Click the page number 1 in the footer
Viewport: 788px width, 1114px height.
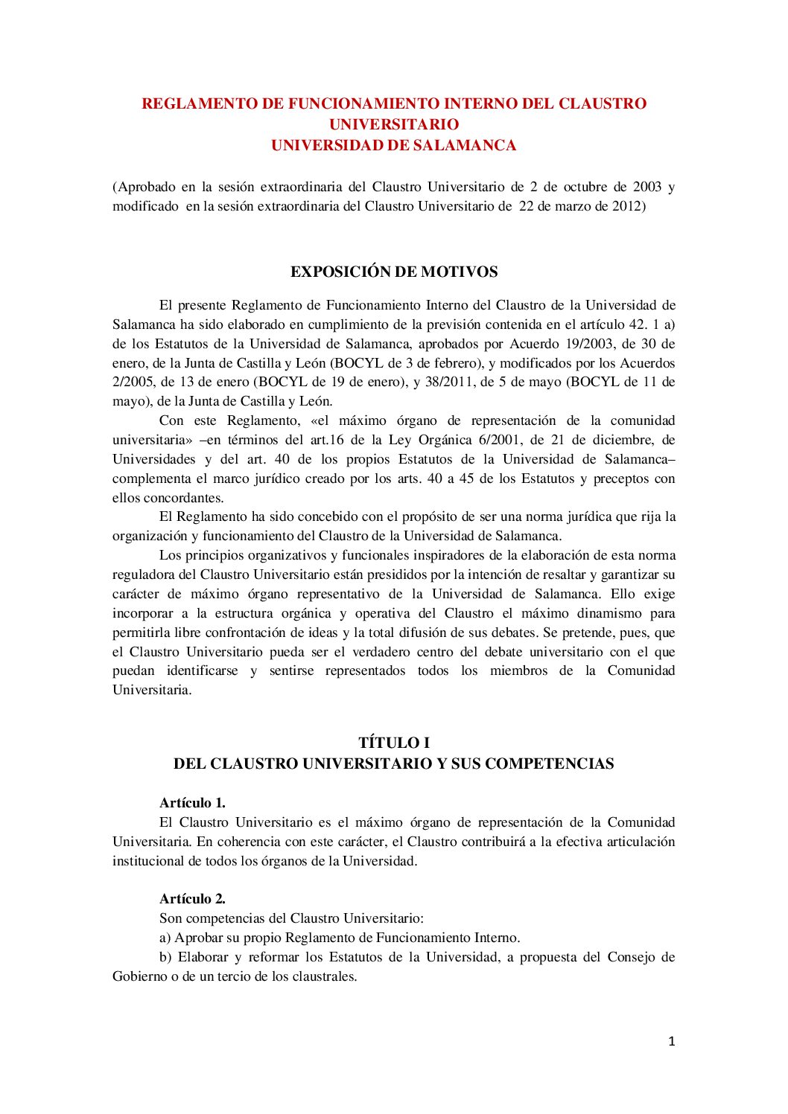click(671, 1041)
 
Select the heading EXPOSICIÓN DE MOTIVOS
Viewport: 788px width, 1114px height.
click(394, 272)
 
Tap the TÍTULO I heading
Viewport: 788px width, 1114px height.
click(394, 743)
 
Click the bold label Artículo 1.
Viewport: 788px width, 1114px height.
click(192, 803)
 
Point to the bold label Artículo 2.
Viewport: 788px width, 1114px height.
click(192, 899)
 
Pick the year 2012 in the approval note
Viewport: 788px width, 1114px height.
click(626, 206)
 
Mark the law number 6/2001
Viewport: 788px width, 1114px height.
click(497, 440)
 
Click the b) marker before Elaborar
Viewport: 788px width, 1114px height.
click(165, 957)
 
